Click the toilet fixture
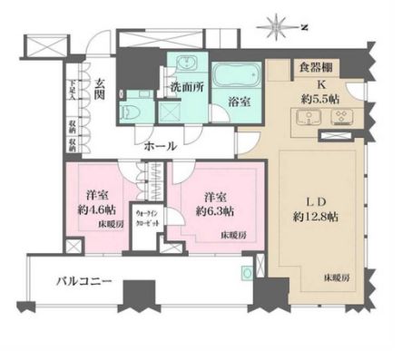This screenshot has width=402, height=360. point(130,112)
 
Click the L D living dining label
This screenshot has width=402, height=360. point(316,196)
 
